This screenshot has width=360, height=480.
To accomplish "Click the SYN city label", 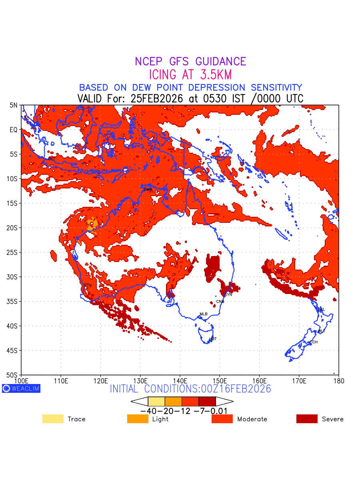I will click(228, 294).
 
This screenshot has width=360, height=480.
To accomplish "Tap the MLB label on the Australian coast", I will click(204, 314).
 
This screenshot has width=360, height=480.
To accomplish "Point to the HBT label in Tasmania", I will click(213, 339).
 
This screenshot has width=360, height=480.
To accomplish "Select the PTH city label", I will click(88, 285).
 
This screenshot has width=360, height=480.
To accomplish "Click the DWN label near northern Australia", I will click(148, 189).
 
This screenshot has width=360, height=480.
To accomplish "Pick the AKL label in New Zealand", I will click(321, 309).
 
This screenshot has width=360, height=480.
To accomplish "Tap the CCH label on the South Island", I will click(314, 342).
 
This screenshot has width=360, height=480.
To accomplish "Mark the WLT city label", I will click(322, 331).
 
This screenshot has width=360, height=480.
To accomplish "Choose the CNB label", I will click(220, 301).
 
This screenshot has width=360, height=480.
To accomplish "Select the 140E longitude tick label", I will click(180, 380).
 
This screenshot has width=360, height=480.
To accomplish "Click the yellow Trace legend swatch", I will click(53, 419).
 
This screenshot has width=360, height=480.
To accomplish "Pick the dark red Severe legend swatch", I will click(307, 419).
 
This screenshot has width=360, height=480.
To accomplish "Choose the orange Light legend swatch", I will click(138, 419).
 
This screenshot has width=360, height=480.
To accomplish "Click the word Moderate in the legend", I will click(252, 419).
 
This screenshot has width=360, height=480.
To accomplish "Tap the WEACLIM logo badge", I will click(21, 388).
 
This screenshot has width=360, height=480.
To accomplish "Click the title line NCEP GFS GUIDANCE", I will click(190, 62).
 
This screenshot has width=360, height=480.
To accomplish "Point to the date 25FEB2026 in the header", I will click(156, 98).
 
